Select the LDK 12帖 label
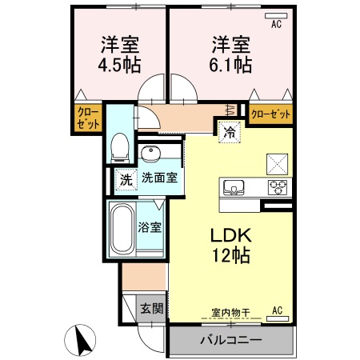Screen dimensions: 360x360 [x=231, y=246]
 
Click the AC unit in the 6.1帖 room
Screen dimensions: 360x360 [x=277, y=25]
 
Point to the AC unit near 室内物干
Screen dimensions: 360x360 [x=276, y=311]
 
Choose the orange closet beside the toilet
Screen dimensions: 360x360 [x=89, y=119]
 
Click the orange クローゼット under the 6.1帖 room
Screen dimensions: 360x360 [x=270, y=114]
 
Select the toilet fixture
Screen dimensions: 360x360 [x=120, y=145]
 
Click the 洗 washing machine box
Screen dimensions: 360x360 [x=126, y=179]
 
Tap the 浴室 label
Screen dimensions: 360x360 [x=152, y=227]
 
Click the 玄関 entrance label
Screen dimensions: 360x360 [x=151, y=309]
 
